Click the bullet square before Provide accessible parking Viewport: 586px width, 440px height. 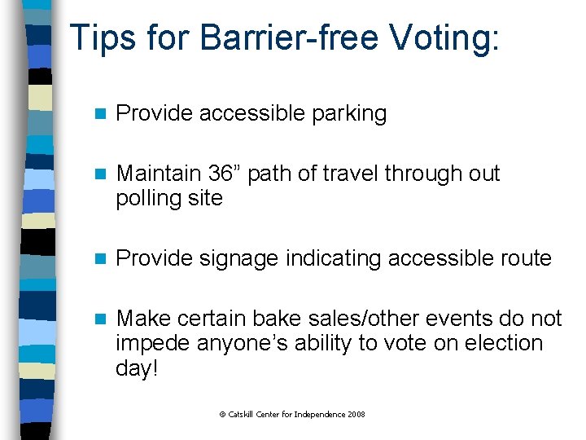click(100, 114)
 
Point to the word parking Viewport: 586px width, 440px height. click(349, 114)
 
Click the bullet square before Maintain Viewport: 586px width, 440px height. click(100, 174)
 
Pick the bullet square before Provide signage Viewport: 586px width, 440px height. click(100, 259)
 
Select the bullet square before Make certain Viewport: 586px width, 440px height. click(100, 319)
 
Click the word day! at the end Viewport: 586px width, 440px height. click(137, 367)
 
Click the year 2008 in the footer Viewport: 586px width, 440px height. click(356, 415)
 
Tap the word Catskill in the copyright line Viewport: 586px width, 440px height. click(243, 415)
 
